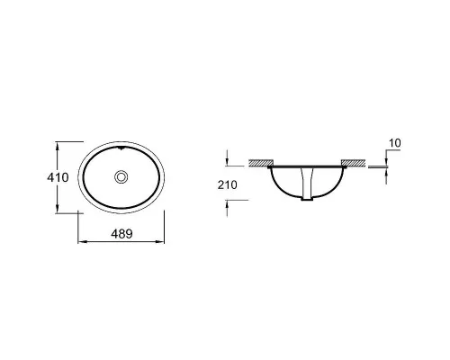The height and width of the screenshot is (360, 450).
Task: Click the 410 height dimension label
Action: tap(58, 177)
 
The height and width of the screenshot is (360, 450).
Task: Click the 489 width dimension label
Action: tap(121, 234)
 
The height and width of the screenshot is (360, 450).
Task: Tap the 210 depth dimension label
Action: tap(228, 184)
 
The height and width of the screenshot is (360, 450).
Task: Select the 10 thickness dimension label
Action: tap(395, 143)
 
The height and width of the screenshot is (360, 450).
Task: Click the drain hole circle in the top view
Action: tap(121, 176)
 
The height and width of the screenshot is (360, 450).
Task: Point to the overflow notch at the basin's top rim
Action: tap(121, 148)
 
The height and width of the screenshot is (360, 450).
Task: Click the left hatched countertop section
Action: tap(261, 163)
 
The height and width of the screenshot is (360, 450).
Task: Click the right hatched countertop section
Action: tap(354, 163)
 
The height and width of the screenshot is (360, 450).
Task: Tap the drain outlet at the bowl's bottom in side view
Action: tap(307, 198)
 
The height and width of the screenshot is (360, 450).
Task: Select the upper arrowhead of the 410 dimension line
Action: tap(58, 145)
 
